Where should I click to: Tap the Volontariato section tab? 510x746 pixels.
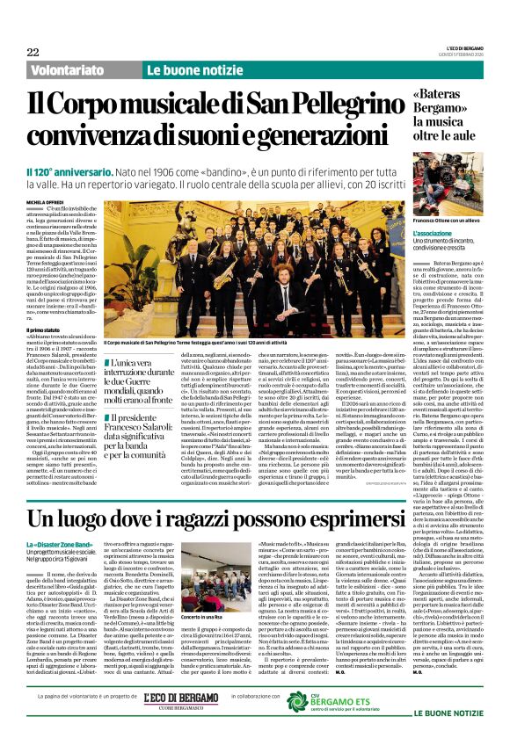pyautogui.click(x=73, y=69)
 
